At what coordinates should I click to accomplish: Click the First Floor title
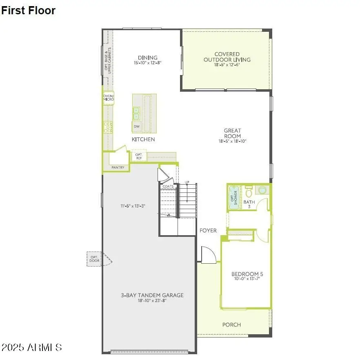tap(28, 11)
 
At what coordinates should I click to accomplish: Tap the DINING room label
tap(147, 58)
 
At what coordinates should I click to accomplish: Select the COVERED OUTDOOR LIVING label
tap(227, 57)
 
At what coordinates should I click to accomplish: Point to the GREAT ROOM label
tap(232, 133)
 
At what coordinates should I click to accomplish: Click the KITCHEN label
tap(143, 139)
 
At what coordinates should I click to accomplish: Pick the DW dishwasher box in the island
tap(136, 127)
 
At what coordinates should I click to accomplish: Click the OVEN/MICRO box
tap(109, 97)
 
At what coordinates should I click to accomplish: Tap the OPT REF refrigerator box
tap(139, 156)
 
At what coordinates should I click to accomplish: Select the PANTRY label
tap(118, 167)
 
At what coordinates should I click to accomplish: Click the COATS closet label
tap(168, 186)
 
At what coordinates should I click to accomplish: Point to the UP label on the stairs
tap(187, 182)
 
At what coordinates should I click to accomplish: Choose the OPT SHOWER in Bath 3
tap(234, 198)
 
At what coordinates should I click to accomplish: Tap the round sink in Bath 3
tap(261, 190)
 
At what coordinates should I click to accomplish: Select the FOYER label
tap(208, 231)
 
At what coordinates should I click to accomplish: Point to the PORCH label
tap(231, 325)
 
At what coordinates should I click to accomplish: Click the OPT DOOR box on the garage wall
tap(94, 258)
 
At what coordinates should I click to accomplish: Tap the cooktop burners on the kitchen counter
tap(108, 127)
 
